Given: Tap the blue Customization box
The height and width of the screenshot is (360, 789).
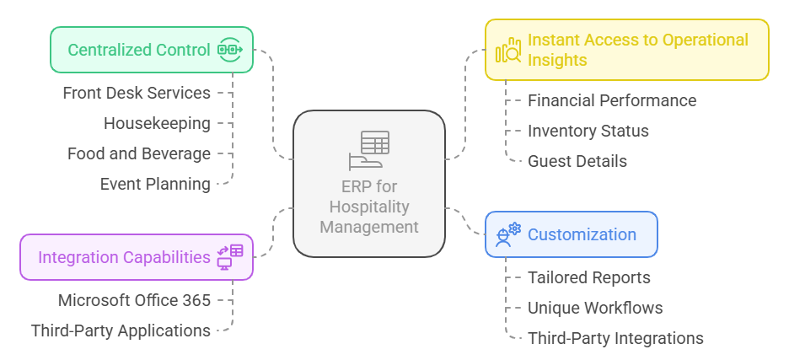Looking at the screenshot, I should click(571, 234).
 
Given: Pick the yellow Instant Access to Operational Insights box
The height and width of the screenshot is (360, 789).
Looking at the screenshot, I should click(626, 50).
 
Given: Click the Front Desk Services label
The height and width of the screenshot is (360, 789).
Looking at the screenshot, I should click(137, 93).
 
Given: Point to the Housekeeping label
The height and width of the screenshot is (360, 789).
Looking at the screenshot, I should click(157, 123).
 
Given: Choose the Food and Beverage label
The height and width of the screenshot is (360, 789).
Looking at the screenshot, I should click(139, 153).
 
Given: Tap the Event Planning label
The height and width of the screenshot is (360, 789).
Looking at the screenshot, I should click(155, 184).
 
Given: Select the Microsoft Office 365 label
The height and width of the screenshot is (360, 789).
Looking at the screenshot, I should click(134, 300).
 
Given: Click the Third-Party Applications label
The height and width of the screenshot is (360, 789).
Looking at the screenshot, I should click(121, 330).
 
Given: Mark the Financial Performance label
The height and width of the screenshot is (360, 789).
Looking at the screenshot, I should click(612, 100).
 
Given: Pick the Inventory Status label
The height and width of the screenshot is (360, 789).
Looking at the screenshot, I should click(588, 131).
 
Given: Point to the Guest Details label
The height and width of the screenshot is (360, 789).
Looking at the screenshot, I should click(577, 161).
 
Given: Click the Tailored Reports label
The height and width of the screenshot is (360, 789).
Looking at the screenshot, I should click(589, 277).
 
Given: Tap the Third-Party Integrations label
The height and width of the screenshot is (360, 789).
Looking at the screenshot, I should click(615, 338).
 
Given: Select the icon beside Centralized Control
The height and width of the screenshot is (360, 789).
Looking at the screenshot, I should click(230, 50).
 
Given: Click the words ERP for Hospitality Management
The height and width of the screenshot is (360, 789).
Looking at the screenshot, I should click(369, 207).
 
